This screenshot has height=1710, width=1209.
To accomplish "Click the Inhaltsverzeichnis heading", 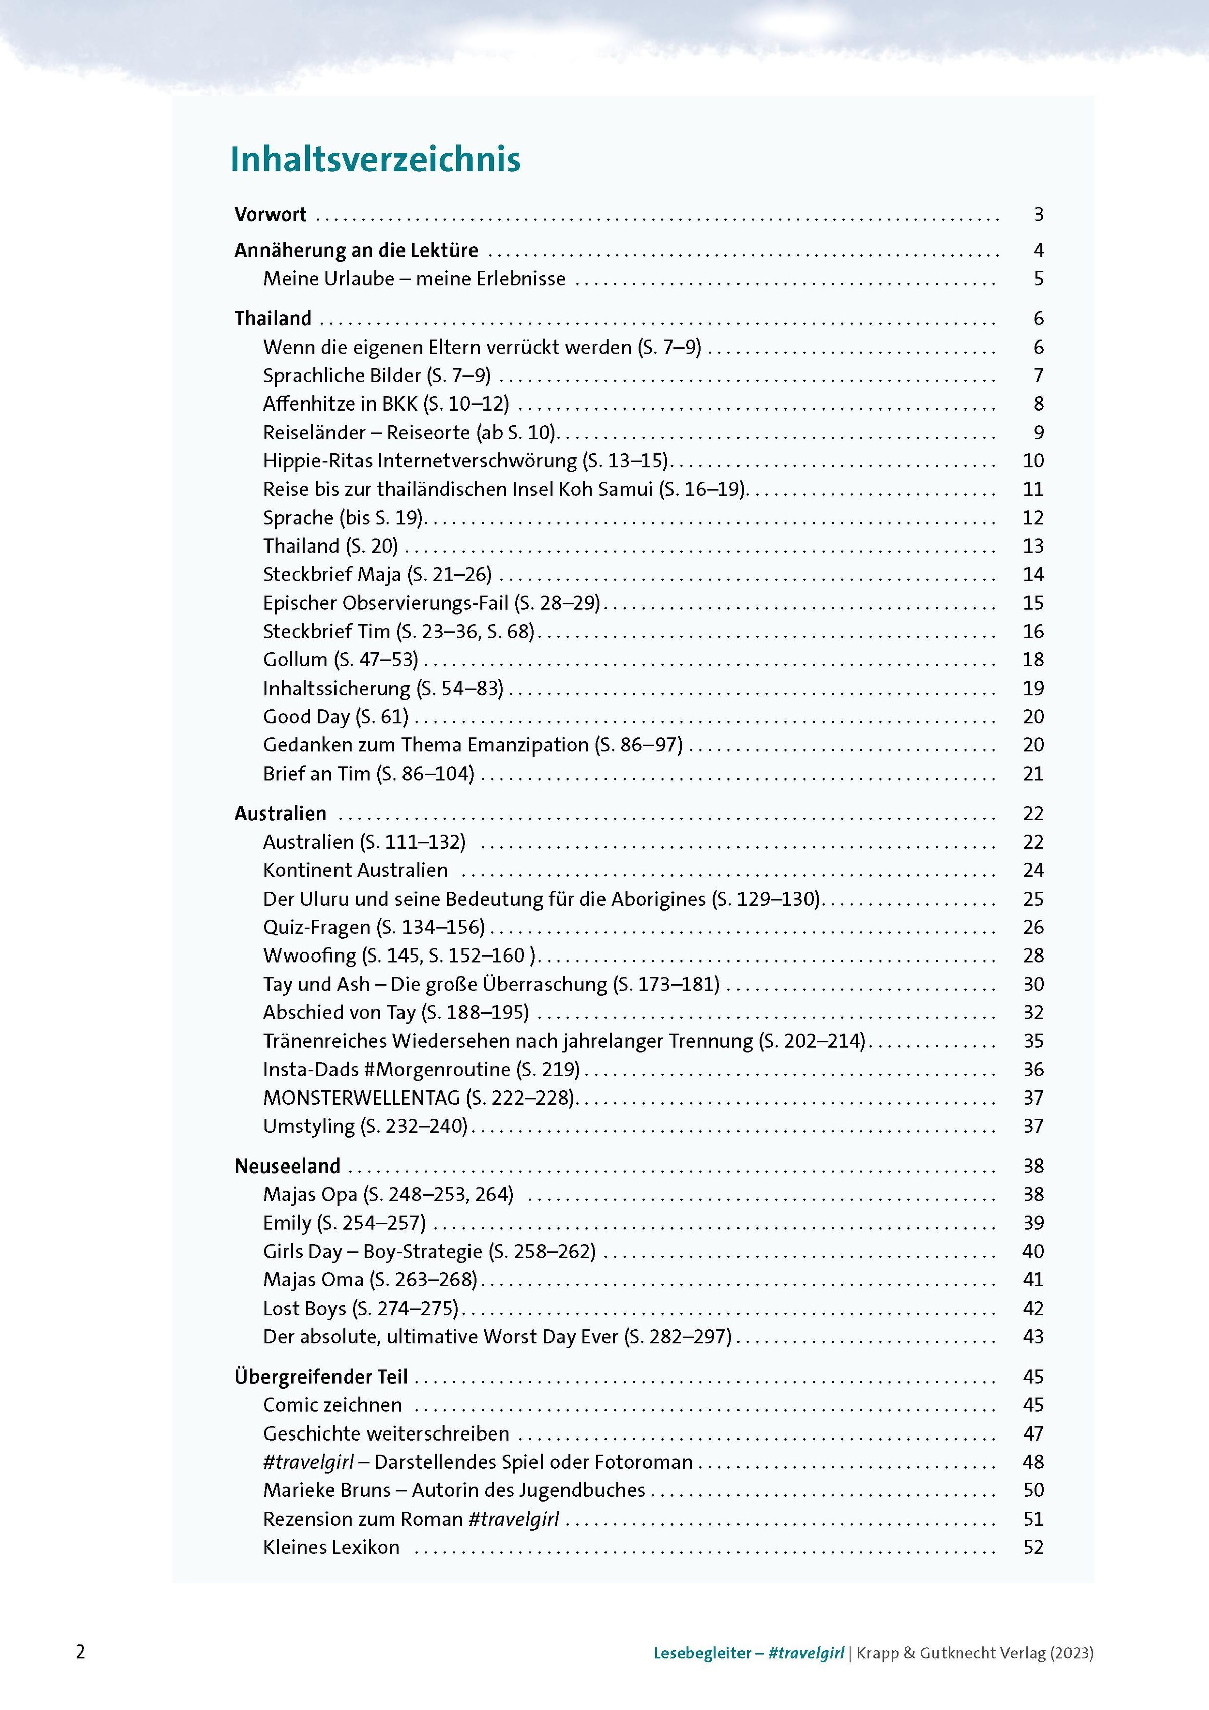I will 375,159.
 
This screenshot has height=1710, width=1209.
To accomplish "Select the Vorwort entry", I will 271,215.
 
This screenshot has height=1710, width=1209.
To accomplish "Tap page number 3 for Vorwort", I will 1038,215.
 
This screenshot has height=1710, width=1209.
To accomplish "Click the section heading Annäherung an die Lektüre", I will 356,250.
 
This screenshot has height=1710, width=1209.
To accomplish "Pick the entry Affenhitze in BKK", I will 386,403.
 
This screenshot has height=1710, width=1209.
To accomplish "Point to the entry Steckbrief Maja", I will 377,574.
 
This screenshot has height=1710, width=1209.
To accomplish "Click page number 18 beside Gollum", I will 1033,660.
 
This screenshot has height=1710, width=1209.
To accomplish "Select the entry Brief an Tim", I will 368,774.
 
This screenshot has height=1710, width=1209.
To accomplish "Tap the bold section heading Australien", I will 280,813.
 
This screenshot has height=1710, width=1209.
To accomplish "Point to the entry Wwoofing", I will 400,955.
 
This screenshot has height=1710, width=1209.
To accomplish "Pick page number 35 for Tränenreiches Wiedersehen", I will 1033,1041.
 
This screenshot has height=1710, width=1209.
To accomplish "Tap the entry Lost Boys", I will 361,1308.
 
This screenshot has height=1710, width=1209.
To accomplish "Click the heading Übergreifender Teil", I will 321,1377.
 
